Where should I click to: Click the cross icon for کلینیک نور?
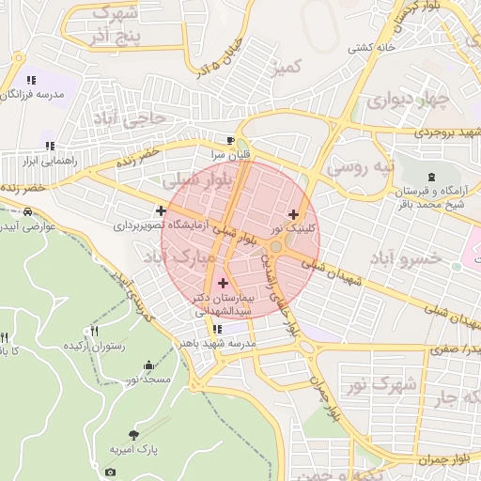pyautogui.click(x=294, y=214)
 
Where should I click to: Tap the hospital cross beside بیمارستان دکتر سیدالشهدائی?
pyautogui.click(x=223, y=283)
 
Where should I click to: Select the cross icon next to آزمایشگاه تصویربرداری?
pyautogui.click(x=162, y=211)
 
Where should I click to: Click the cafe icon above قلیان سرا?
pyautogui.click(x=218, y=141)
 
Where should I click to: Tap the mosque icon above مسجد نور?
pyautogui.click(x=147, y=365)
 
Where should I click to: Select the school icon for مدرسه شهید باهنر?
pyautogui.click(x=218, y=329)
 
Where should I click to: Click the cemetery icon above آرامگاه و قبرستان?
pyautogui.click(x=431, y=178)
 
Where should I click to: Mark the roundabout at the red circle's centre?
pyautogui.click(x=278, y=246)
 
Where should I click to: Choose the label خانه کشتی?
pyautogui.click(x=372, y=47)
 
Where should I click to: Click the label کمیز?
pyautogui.click(x=285, y=67)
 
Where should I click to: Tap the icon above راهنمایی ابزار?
pyautogui.click(x=50, y=146)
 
